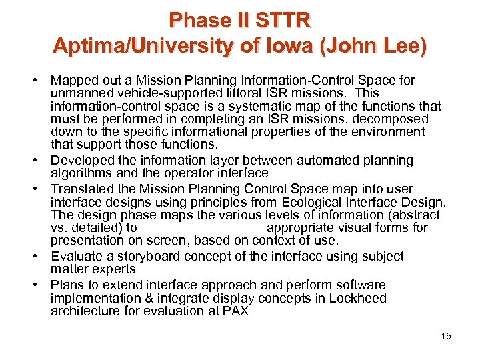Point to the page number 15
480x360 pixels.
coord(446,336)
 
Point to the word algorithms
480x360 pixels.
coord(81,173)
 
